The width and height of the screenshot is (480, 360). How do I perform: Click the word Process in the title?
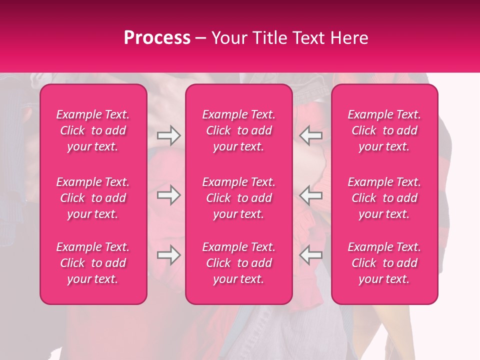(157, 38)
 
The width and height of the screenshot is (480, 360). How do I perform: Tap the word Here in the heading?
(349, 38)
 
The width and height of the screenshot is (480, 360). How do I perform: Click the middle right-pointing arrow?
(168, 195)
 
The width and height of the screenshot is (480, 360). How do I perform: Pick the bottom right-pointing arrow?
(168, 255)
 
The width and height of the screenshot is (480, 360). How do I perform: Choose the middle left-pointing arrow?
(310, 195)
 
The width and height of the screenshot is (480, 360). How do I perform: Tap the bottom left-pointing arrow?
(310, 255)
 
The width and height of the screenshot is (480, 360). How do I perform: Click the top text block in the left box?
(93, 130)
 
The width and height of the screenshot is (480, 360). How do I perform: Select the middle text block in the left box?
(93, 198)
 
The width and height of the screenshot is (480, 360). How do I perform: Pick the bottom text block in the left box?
(93, 263)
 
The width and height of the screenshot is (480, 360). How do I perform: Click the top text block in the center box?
(238, 130)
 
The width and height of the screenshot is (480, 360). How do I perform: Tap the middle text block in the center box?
(238, 198)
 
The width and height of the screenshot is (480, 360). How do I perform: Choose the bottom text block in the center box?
(238, 263)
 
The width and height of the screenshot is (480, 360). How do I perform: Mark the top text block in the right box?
(384, 130)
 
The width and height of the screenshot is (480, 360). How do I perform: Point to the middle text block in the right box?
(384, 198)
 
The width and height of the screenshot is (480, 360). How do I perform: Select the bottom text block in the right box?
(384, 263)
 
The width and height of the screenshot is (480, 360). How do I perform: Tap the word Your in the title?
(228, 38)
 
